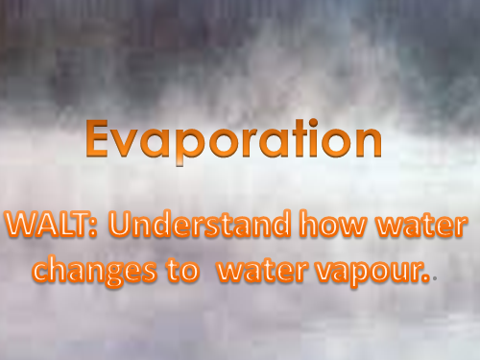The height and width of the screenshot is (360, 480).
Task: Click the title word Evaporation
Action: (x=232, y=141)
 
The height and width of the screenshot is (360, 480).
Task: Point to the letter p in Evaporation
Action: (x=182, y=147)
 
